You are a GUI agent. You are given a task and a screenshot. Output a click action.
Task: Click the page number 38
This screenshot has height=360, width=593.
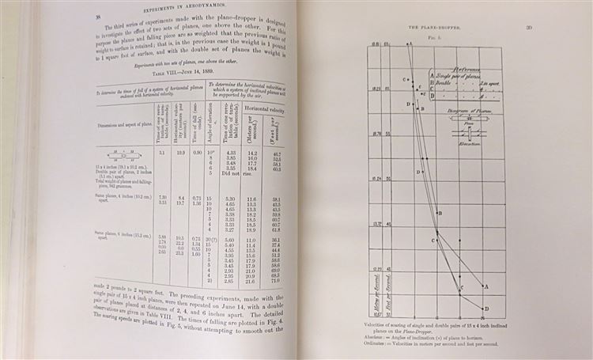pyautogui.click(x=32, y=16)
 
